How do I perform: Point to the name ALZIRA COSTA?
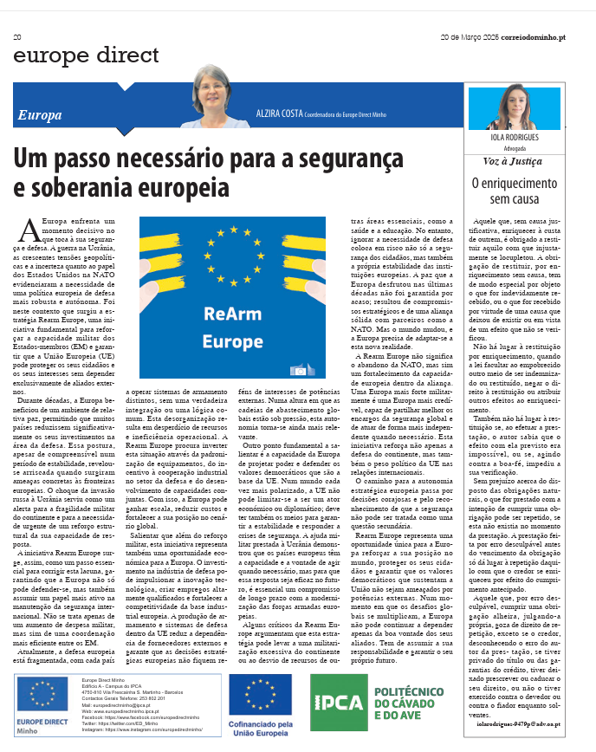(x=280, y=113)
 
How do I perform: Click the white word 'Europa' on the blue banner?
(x=40, y=114)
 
